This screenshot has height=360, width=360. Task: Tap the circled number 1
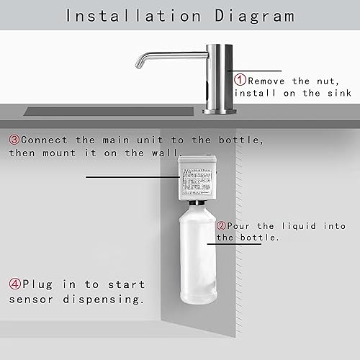point(239,81)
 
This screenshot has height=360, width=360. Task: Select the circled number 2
point(222,225)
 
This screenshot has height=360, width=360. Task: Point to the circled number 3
point(14,140)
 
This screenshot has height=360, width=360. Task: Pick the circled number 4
point(14,284)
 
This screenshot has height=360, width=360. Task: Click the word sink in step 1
point(336,94)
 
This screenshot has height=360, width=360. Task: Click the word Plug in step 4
point(42,284)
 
